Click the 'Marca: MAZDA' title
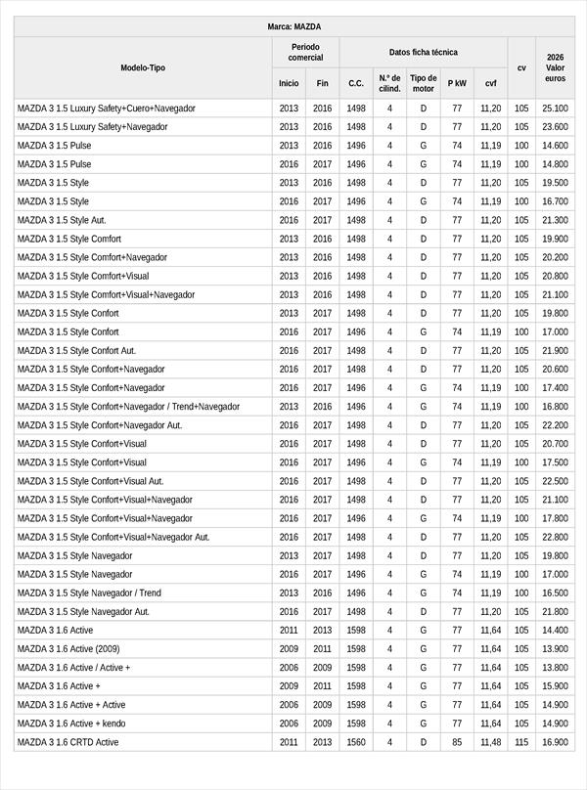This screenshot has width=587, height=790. pos(293,27)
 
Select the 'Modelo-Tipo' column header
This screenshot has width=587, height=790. pos(143,67)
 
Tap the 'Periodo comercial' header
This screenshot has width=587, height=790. pos(305,53)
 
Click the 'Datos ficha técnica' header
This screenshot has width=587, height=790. pos(423,53)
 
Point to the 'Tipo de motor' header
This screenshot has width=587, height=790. pos(423,83)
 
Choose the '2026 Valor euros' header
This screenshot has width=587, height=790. pos(555,67)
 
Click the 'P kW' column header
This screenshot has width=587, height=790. pos(457,84)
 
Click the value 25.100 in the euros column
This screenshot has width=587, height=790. pos(555,109)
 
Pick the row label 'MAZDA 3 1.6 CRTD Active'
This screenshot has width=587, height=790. pos(68,742)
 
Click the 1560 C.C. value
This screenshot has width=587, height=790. pos(355,742)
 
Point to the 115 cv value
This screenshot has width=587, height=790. pos(521,742)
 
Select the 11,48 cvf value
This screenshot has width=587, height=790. pos(490,742)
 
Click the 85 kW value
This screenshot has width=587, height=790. pos(457,742)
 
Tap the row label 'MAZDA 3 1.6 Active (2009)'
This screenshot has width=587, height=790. pos(68,649)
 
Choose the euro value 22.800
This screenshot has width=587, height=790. pos(555,537)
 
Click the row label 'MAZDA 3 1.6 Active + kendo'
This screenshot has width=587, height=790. pos(71,724)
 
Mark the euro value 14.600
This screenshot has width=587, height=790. pos(555,146)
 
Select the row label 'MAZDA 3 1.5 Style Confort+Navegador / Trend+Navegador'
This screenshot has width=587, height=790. pos(128,407)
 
